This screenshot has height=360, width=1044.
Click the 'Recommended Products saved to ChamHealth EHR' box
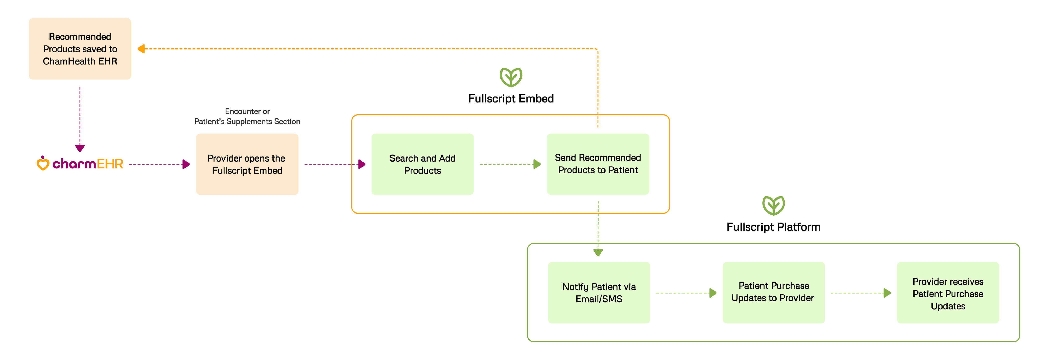[x=80, y=49]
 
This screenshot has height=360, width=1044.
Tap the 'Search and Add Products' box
[x=422, y=164]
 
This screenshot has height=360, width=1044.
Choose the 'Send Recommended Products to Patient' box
[x=598, y=164]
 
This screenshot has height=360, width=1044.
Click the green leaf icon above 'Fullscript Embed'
[x=511, y=77]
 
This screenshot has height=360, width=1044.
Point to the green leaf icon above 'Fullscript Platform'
[x=773, y=206]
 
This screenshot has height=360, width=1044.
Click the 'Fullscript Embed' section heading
[x=511, y=98]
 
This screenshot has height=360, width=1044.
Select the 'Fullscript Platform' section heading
[x=773, y=227]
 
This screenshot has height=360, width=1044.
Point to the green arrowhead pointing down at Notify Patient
[x=598, y=253]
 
